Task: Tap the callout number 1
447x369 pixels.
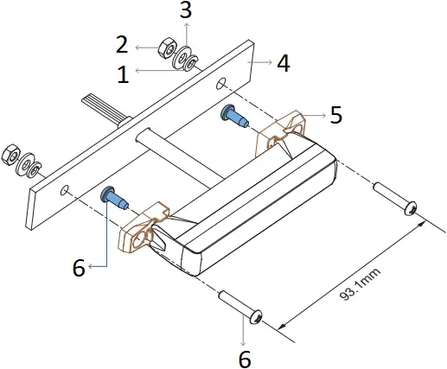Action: [123, 75]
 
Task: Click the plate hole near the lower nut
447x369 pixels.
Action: [67, 188]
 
